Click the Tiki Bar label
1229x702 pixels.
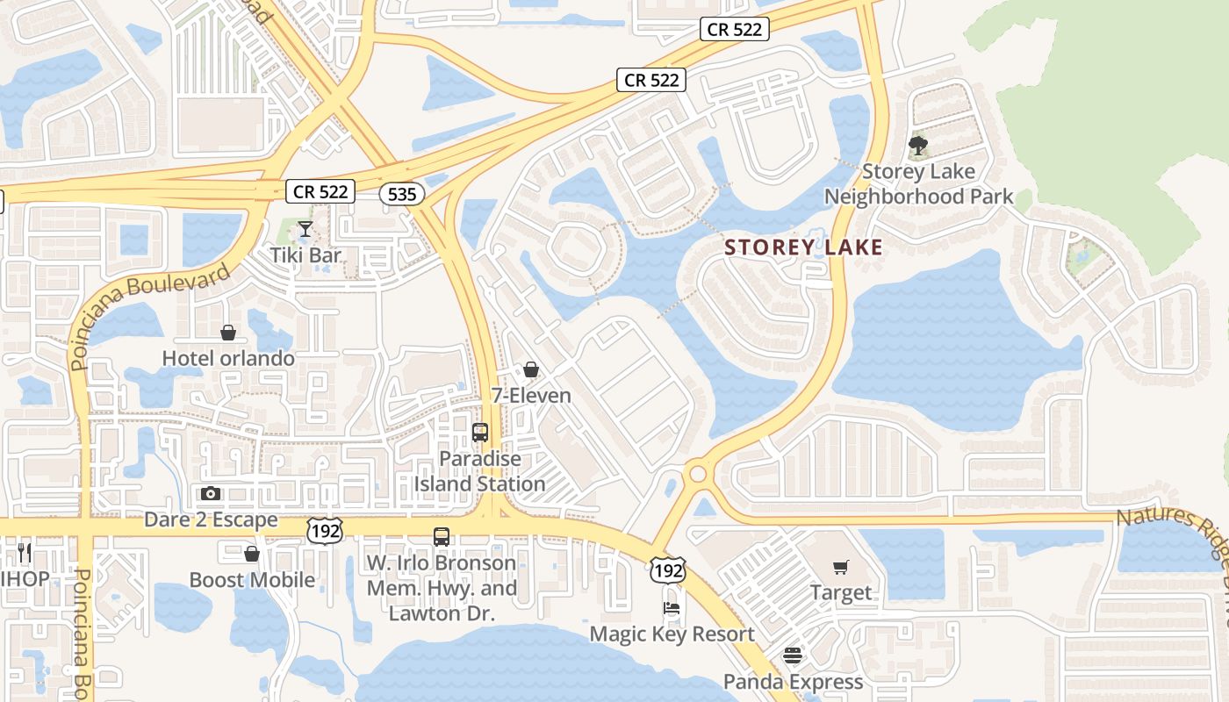pyautogui.click(x=305, y=255)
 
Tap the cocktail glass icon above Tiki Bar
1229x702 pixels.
pyautogui.click(x=305, y=229)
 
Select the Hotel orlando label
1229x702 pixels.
pyautogui.click(x=228, y=358)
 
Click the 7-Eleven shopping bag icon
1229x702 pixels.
pyautogui.click(x=530, y=369)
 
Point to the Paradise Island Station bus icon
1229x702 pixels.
pyautogui.click(x=479, y=432)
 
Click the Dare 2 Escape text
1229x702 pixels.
pyautogui.click(x=211, y=519)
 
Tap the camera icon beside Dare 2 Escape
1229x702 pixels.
pyautogui.click(x=211, y=493)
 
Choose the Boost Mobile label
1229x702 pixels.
pyautogui.click(x=252, y=580)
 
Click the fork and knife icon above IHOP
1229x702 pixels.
pyautogui.click(x=25, y=552)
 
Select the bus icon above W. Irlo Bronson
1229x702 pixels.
pyautogui.click(x=442, y=536)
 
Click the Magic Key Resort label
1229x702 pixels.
pyautogui.click(x=672, y=634)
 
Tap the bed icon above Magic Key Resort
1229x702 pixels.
pyautogui.click(x=672, y=607)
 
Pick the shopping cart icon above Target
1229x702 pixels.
pyautogui.click(x=840, y=567)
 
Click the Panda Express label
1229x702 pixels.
pyautogui.click(x=793, y=682)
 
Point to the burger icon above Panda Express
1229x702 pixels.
pyautogui.click(x=793, y=655)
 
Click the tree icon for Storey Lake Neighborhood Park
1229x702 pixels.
pyautogui.click(x=918, y=145)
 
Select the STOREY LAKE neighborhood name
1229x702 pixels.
pyautogui.click(x=804, y=247)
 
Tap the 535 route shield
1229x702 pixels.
pyautogui.click(x=402, y=193)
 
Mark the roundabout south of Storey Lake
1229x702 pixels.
pyautogui.click(x=698, y=474)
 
